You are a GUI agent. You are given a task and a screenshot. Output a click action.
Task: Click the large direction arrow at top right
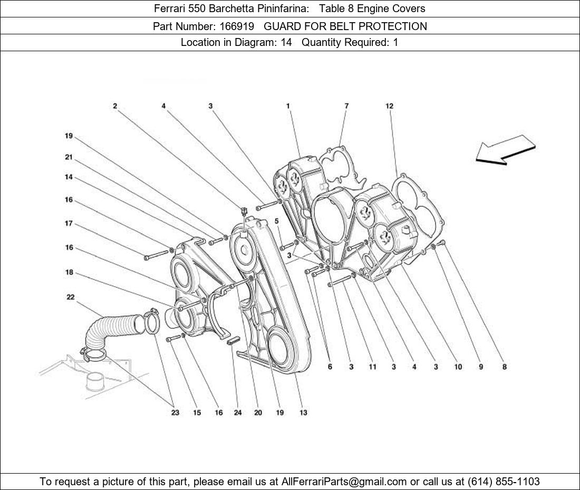[505, 149]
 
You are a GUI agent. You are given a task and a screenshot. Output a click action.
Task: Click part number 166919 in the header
[237, 26]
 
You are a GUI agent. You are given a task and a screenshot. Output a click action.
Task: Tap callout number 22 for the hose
[71, 297]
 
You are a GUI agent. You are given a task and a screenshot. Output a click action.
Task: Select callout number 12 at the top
[390, 106]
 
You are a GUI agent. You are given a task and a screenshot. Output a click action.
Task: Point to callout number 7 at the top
[346, 106]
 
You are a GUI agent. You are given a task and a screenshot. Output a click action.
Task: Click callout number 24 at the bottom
[238, 412]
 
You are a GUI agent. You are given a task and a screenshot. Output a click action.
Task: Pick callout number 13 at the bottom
[303, 412]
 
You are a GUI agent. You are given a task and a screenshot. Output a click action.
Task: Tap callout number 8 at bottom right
[504, 367]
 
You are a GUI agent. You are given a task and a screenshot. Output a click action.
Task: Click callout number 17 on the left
[69, 223]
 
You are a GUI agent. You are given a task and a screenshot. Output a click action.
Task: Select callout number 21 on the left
[69, 157]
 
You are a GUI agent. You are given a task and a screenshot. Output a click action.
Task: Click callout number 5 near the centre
[276, 221]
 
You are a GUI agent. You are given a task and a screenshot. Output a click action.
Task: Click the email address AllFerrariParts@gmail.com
[344, 482]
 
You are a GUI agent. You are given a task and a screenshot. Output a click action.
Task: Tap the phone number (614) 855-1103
[504, 482]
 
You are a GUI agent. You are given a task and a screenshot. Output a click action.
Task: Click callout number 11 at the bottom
[372, 367]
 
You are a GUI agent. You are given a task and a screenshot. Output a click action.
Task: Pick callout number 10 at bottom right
[458, 367]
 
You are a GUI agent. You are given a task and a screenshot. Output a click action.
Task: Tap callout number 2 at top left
[115, 106]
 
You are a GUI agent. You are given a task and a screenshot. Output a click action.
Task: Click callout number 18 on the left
[69, 272]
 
